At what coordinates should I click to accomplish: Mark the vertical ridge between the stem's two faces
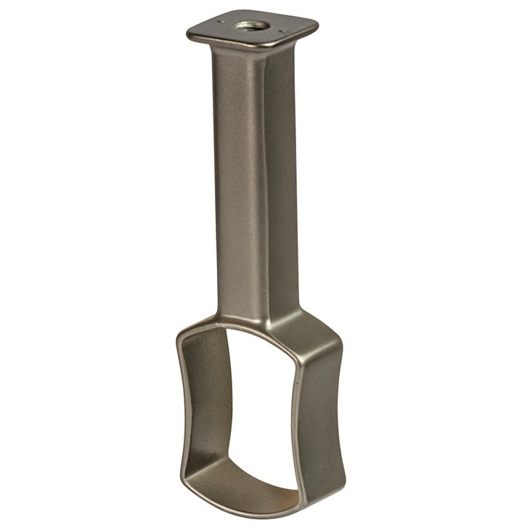(263, 182)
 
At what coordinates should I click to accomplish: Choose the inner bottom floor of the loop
(240, 479)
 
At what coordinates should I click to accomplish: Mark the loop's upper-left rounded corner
(186, 334)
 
